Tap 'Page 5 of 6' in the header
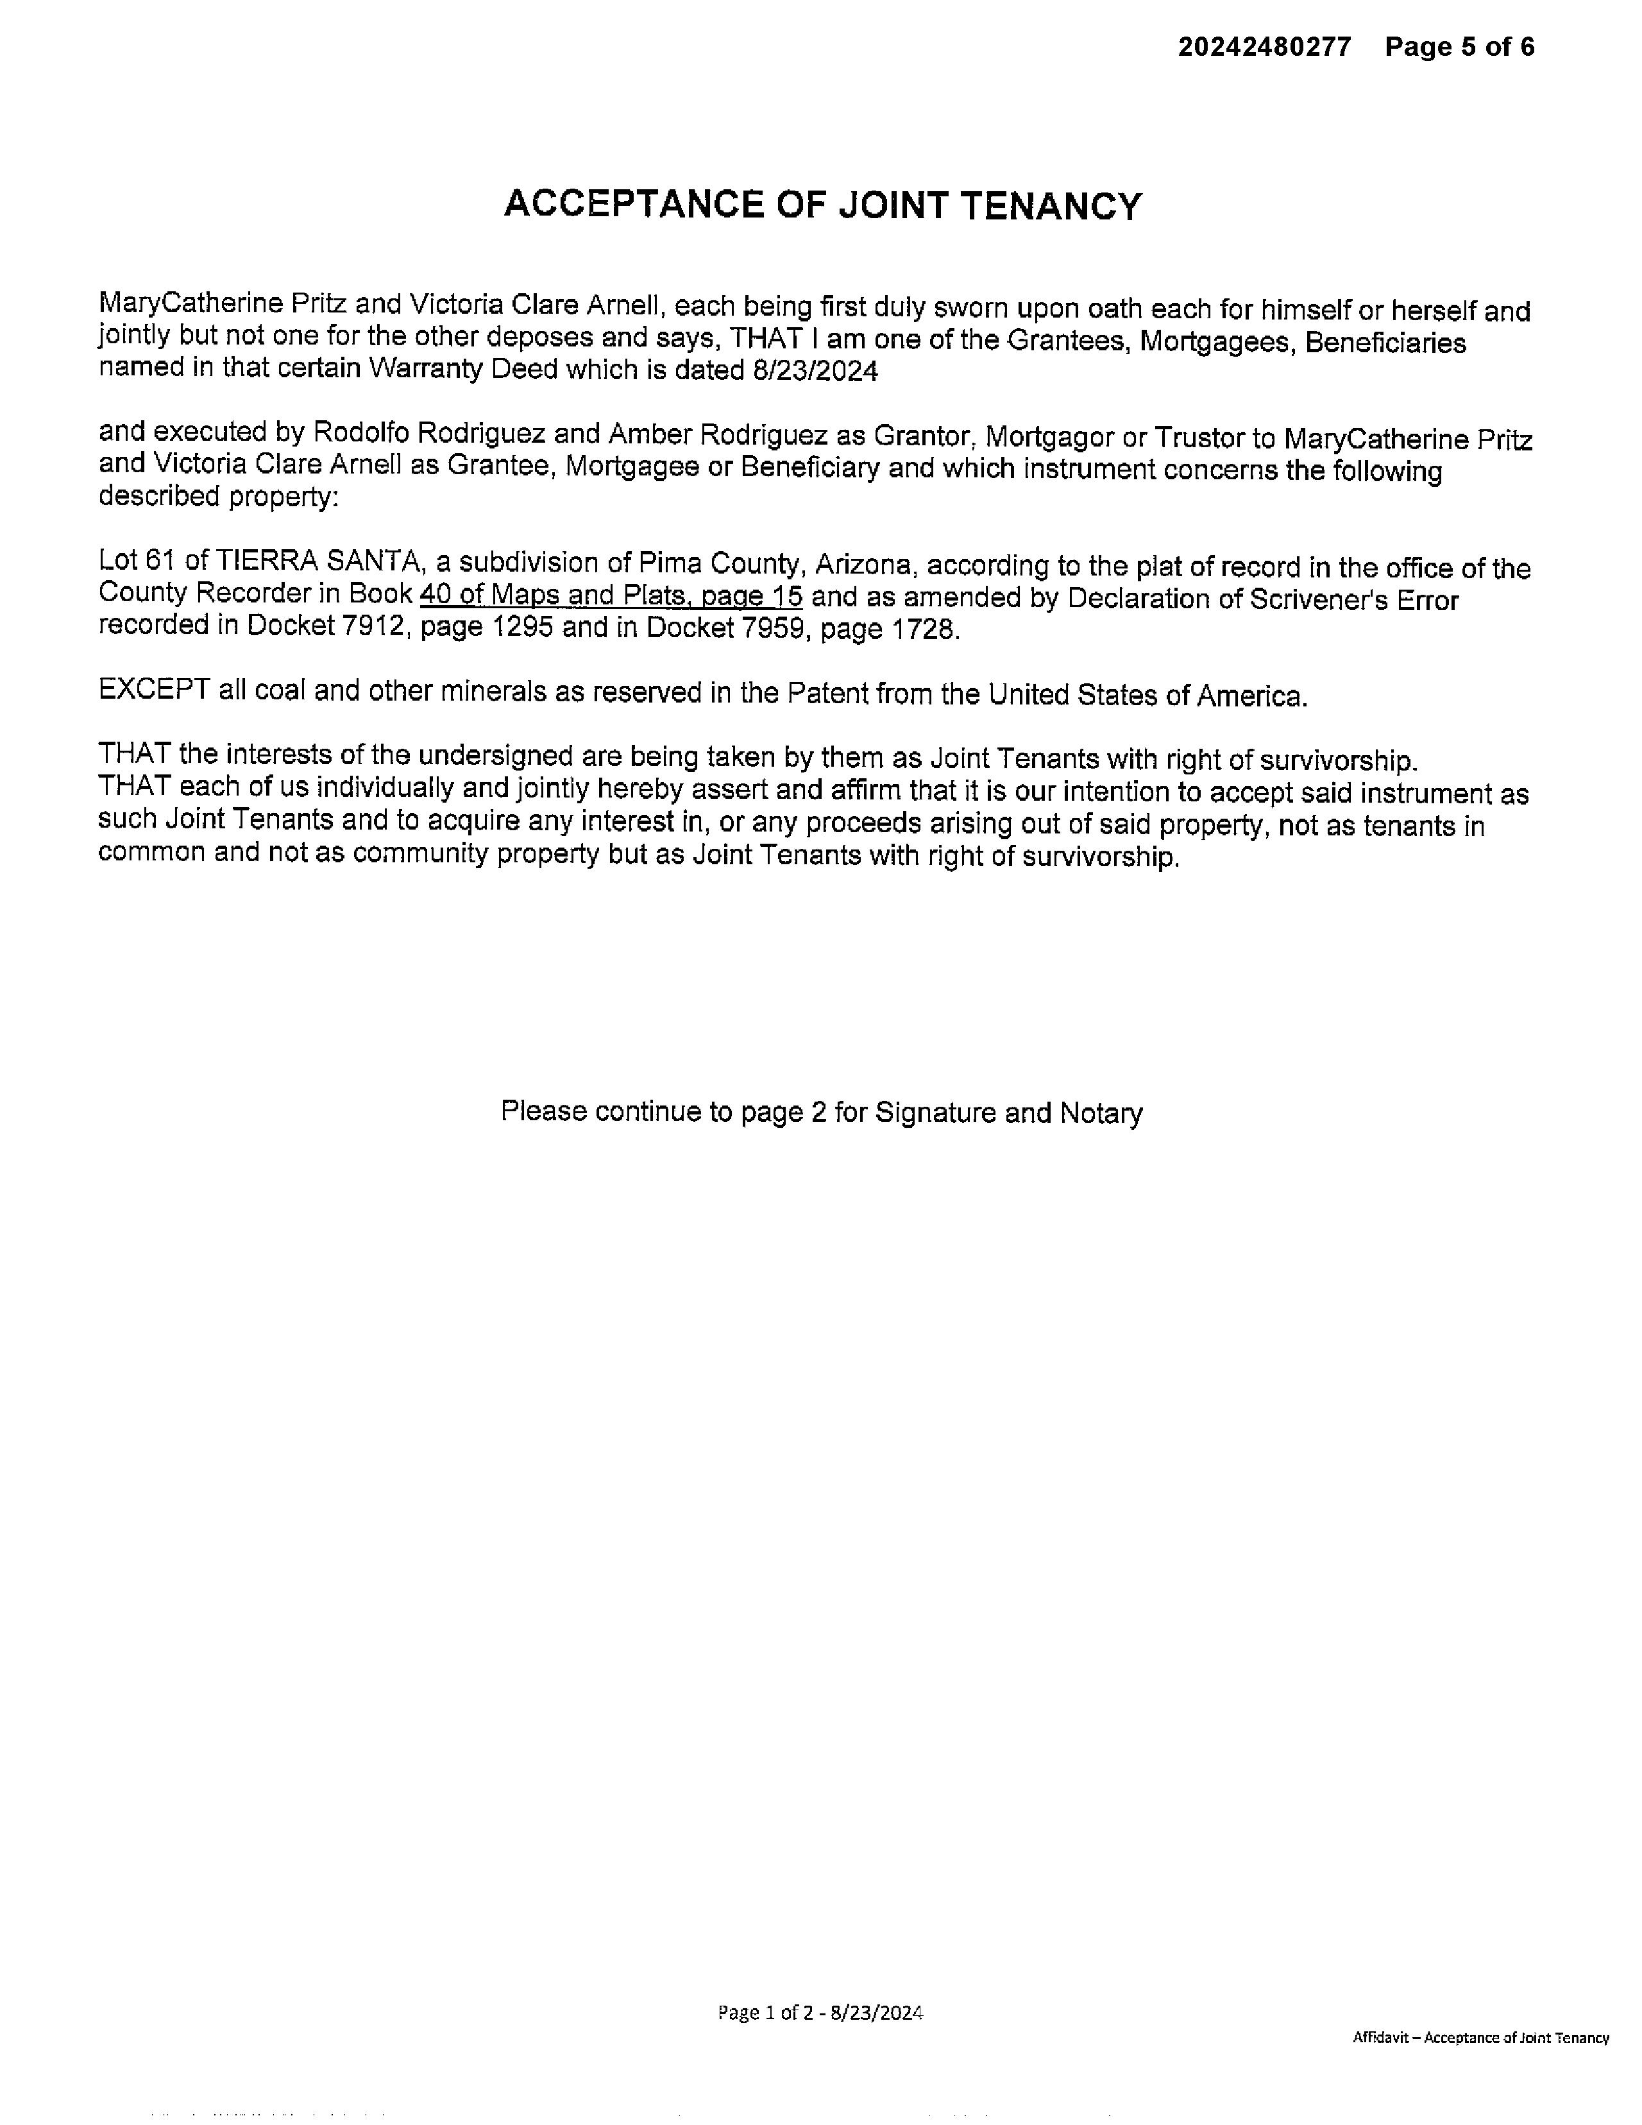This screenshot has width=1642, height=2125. [x=1459, y=47]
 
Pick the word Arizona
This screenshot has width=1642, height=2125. [x=864, y=565]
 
